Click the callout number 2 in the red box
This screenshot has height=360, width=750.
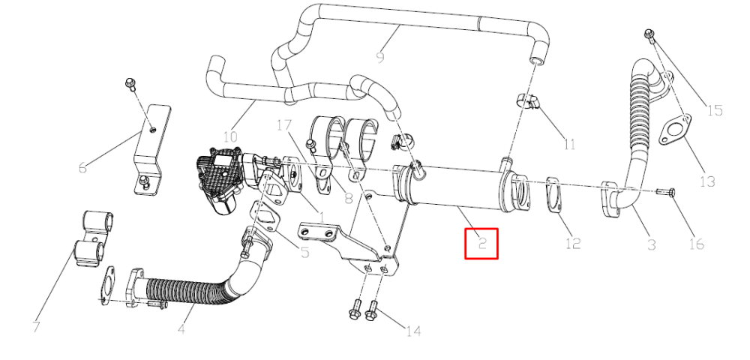click(x=482, y=244)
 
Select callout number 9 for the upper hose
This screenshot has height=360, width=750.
click(x=380, y=58)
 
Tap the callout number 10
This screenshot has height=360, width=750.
click(x=230, y=138)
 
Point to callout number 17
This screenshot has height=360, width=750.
click(x=283, y=126)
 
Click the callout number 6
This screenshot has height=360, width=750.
click(x=82, y=168)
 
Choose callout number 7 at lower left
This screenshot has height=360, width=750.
click(x=36, y=326)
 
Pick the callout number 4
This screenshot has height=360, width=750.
click(x=181, y=329)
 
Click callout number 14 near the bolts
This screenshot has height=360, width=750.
click(x=413, y=331)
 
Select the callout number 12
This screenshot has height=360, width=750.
click(x=572, y=243)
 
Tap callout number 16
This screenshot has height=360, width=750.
click(x=697, y=244)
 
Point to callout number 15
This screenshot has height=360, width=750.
click(x=715, y=110)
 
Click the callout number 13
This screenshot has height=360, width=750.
click(x=707, y=181)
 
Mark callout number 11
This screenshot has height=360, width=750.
click(x=569, y=143)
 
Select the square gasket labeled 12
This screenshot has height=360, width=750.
click(x=554, y=196)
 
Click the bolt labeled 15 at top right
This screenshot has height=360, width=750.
click(x=649, y=34)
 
